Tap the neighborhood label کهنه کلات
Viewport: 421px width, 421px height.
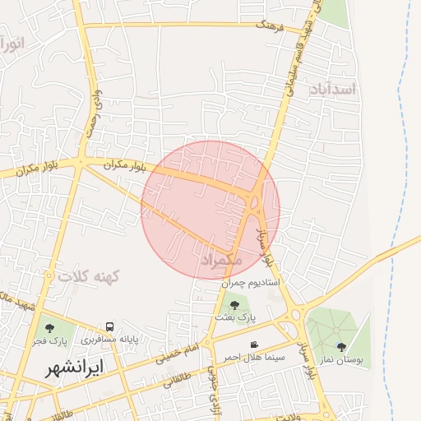[89, 276]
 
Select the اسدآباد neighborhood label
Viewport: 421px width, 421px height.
[334, 88]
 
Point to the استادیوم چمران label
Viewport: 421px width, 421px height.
[250, 283]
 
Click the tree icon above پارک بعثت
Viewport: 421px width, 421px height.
[234, 305]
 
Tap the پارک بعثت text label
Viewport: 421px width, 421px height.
[236, 316]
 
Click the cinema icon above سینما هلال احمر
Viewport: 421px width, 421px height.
[253, 345]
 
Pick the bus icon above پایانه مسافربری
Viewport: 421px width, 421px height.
[110, 326]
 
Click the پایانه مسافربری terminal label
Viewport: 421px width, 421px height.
[109, 338]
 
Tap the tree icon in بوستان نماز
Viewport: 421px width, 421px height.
[341, 347]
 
